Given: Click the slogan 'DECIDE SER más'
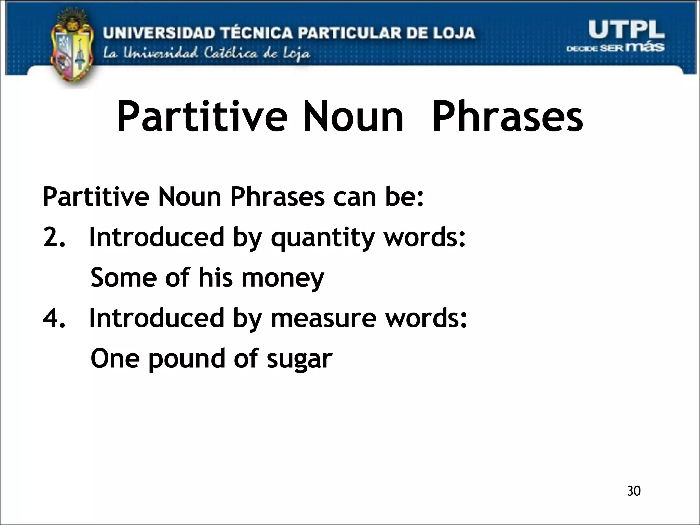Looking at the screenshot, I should click(x=616, y=48).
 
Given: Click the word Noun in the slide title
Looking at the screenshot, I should click(x=353, y=116).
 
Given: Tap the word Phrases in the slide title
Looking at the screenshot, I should click(x=508, y=116).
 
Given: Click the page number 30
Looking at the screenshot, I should click(x=633, y=491).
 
